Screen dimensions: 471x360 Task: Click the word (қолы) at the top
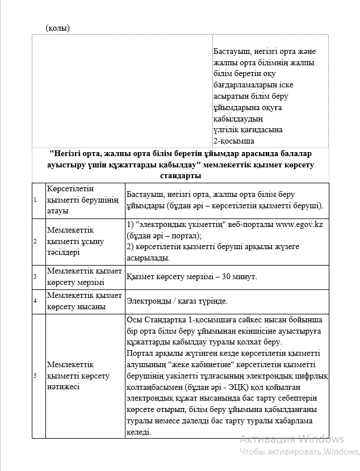[57, 27]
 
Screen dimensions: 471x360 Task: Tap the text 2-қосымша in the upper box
[233, 141]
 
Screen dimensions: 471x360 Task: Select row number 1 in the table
[35, 200]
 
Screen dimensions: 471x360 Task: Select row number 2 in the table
[35, 241]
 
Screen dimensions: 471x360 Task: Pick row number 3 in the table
[35, 276]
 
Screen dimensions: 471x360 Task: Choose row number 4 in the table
[35, 300]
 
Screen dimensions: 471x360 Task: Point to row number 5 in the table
[35, 376]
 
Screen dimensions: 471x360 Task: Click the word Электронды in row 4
[149, 301]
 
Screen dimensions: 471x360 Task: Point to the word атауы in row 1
[58, 211]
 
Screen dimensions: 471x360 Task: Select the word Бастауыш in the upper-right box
[232, 51]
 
